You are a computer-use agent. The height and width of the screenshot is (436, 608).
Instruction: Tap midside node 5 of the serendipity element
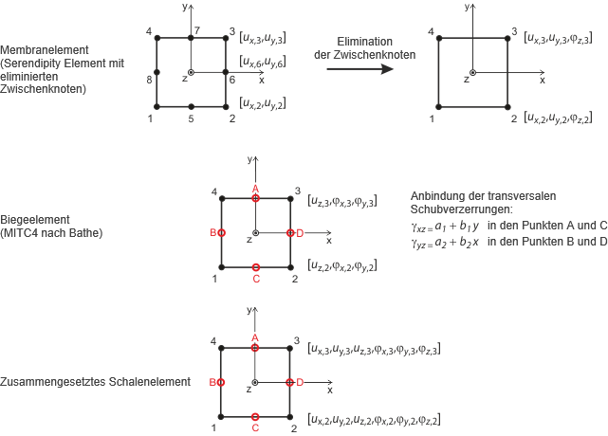(191, 106)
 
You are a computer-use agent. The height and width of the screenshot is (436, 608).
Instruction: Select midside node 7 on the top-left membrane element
(191, 38)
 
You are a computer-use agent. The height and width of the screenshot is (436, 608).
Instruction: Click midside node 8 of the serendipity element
(157, 72)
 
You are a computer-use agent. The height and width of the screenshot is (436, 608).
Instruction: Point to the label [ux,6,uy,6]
(263, 63)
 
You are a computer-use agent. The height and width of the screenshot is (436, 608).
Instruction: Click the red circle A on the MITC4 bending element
(255, 198)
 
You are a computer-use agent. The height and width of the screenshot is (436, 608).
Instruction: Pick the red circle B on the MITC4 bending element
(221, 232)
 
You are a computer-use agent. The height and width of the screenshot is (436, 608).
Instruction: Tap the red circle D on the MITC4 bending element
(289, 232)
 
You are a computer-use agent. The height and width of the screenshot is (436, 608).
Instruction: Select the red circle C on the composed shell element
(255, 415)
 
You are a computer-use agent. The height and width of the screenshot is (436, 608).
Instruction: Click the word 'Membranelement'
(40, 49)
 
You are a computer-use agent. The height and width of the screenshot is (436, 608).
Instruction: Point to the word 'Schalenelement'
(143, 382)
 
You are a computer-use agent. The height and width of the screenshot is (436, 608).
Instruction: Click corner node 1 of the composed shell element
(221, 415)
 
